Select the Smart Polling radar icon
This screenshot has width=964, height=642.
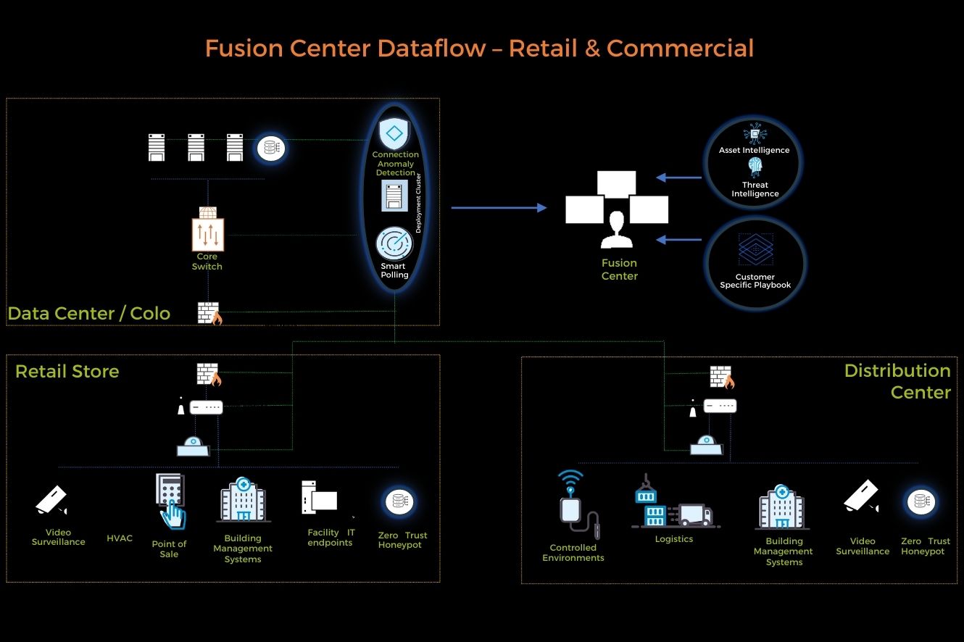[x=394, y=245]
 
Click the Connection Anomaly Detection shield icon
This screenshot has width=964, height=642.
[x=394, y=134]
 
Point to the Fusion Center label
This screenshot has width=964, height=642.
[x=620, y=270]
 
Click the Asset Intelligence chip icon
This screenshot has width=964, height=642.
[x=755, y=133]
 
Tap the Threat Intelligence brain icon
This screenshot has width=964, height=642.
[x=755, y=168]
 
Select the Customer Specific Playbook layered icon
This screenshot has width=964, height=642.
[x=755, y=250]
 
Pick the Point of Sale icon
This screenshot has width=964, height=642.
[x=170, y=501]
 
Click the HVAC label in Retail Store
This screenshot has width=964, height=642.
[x=120, y=538]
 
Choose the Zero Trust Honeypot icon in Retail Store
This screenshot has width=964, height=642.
[x=398, y=501]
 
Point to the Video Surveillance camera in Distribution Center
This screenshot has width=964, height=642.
[x=861, y=498]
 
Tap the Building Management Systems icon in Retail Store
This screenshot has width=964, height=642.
[x=244, y=499]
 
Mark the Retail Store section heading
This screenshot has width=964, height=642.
[x=67, y=372]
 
